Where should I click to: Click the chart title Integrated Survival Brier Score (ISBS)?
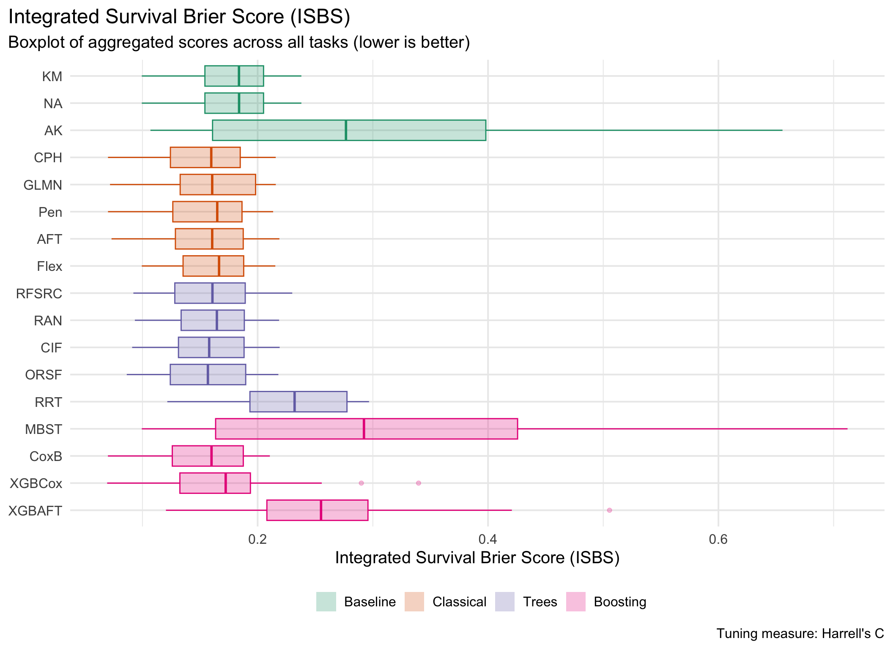(x=179, y=17)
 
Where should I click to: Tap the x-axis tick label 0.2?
(x=257, y=539)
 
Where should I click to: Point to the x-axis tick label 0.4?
(x=488, y=539)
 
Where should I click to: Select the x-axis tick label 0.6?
(x=718, y=539)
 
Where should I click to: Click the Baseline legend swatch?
(x=326, y=602)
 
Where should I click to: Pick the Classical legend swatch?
(x=414, y=602)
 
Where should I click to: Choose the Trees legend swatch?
(x=505, y=602)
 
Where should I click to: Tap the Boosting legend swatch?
(x=575, y=602)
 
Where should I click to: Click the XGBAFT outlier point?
(x=609, y=510)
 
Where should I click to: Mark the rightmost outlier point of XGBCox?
(x=419, y=483)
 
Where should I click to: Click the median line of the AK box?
(x=346, y=130)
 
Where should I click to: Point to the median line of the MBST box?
(x=364, y=429)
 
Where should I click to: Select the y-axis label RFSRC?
(x=39, y=294)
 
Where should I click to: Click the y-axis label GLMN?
(x=43, y=185)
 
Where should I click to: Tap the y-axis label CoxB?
(x=46, y=456)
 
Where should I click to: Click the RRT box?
(x=299, y=402)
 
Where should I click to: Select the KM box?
(x=234, y=76)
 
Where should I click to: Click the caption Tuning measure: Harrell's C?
(x=800, y=634)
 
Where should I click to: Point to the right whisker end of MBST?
(x=847, y=429)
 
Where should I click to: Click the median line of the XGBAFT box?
(x=321, y=510)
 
